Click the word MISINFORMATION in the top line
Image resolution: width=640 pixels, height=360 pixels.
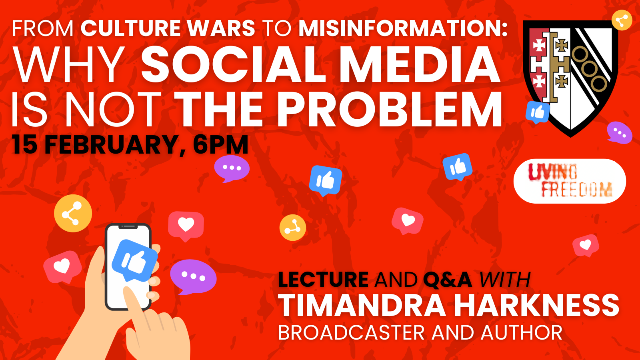(402, 28)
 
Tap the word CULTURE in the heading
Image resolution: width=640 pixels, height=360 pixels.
(130, 28)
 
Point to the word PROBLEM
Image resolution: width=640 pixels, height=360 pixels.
(390, 109)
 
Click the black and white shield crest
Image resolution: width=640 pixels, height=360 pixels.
(570, 77)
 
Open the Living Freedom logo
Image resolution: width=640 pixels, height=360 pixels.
(570, 181)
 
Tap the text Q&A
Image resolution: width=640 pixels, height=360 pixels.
(448, 280)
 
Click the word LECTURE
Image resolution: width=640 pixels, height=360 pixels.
(324, 280)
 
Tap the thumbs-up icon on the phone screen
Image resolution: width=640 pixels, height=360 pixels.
(134, 260)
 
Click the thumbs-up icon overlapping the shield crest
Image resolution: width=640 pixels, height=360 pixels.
(538, 112)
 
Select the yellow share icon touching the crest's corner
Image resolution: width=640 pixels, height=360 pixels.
(622, 20)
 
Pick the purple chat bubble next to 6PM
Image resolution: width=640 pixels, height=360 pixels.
(232, 168)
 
